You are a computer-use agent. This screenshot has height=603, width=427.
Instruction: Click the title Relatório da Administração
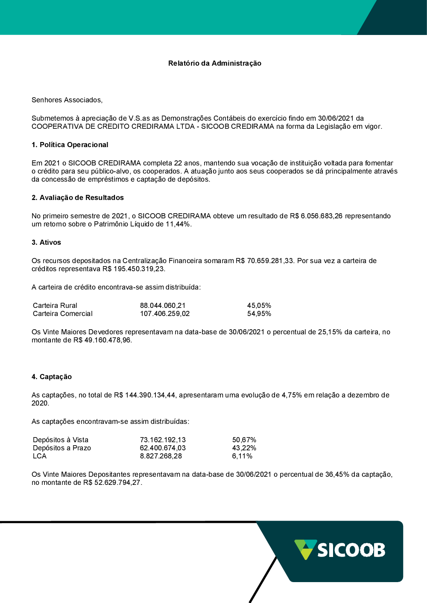[214, 63]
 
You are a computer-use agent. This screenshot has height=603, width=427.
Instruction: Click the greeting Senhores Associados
[67, 100]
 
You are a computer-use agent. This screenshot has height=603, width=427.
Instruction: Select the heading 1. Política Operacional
[70, 145]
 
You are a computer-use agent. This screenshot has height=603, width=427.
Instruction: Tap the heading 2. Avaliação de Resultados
[77, 197]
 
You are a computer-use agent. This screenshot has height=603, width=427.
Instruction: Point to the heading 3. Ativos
[46, 242]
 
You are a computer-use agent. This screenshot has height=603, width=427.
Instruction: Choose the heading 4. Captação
[51, 377]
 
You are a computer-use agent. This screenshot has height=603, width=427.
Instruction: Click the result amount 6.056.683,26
[322, 216]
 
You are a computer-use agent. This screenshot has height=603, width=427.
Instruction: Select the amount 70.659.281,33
[271, 261]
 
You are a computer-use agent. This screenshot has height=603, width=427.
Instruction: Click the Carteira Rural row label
[55, 305]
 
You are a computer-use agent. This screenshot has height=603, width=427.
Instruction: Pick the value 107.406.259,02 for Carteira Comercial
[165, 313]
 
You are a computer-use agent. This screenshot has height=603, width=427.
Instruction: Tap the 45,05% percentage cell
[259, 305]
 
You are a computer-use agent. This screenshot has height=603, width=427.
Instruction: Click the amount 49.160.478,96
[108, 340]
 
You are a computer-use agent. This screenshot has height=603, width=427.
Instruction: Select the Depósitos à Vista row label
[61, 440]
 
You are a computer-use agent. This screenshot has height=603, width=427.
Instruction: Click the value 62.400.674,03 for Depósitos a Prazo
[163, 448]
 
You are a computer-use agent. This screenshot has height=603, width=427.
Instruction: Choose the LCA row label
[40, 456]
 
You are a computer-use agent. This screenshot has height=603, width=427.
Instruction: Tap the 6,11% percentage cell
[242, 456]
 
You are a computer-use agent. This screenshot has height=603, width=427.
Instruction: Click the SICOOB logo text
[351, 550]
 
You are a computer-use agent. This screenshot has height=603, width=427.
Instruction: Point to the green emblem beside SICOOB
[305, 549]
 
